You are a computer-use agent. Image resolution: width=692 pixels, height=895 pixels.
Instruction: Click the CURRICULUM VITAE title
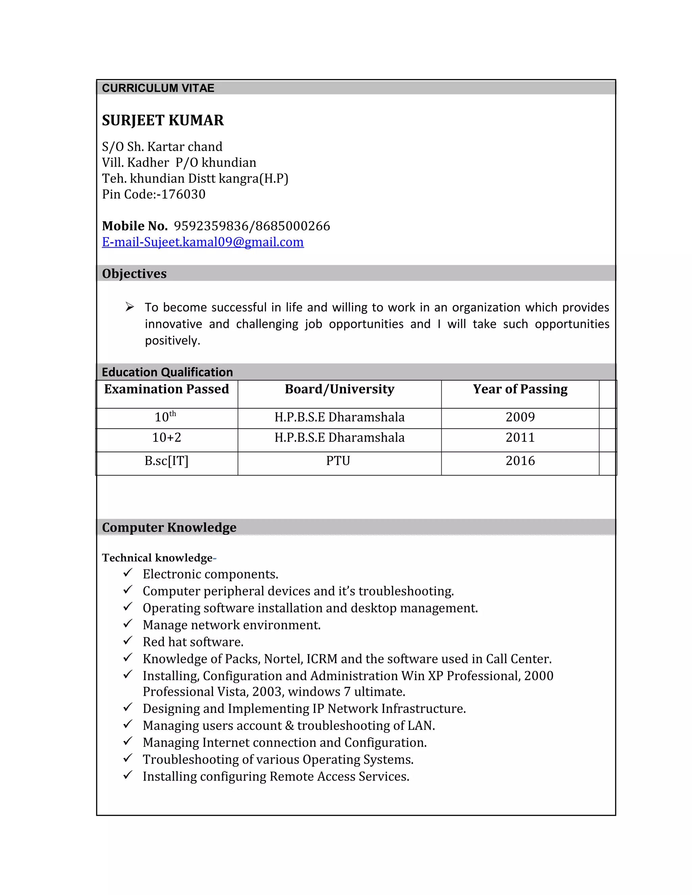[158, 88]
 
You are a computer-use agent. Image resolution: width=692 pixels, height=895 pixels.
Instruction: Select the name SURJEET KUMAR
[163, 121]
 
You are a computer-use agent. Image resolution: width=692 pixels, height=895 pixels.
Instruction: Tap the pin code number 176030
[183, 194]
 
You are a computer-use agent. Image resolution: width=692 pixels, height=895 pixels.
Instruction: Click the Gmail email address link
[203, 242]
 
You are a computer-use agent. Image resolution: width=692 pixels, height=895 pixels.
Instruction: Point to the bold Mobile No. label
[135, 226]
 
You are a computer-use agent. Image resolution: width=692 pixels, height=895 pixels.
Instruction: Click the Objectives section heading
[134, 274]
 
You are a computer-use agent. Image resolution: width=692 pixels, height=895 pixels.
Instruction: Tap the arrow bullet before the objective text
[129, 307]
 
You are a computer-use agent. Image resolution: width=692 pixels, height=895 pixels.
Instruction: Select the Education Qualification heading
[167, 372]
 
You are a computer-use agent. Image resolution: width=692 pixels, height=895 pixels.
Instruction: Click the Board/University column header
[340, 389]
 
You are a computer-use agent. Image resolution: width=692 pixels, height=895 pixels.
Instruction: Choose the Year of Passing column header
[520, 389]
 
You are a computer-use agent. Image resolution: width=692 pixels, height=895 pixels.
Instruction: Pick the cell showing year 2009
[520, 417]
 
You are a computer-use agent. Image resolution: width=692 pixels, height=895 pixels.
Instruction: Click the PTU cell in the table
[338, 461]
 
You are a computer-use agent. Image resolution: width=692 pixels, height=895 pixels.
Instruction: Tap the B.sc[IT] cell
[167, 461]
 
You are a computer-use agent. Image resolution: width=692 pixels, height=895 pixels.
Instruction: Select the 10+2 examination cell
[167, 438]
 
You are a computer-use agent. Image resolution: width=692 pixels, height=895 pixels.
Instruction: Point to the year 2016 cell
[520, 461]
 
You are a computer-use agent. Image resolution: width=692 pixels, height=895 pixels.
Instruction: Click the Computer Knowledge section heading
[169, 528]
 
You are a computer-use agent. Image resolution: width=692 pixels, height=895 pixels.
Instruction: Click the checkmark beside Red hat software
[128, 640]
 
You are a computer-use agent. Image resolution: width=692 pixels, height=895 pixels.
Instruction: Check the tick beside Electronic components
[128, 572]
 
